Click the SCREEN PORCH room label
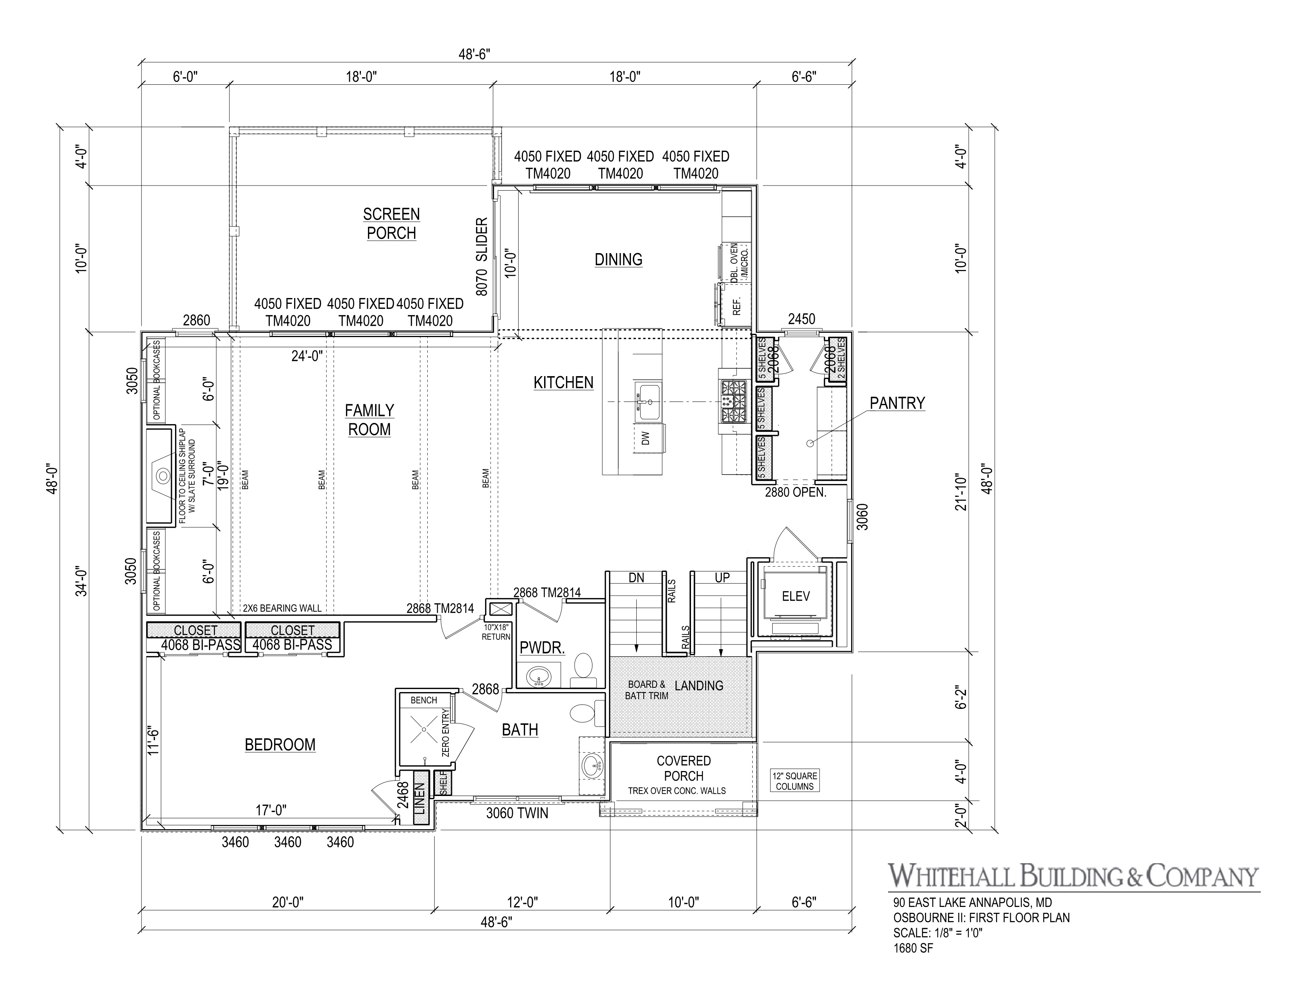pyautogui.click(x=391, y=224)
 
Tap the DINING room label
pyautogui.click(x=618, y=260)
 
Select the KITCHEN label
pyautogui.click(x=563, y=382)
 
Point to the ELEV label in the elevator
pyautogui.click(x=796, y=596)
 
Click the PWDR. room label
pyautogui.click(x=542, y=648)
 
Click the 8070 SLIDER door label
pyautogui.click(x=482, y=257)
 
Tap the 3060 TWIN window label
pyautogui.click(x=517, y=813)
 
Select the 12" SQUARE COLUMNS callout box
pyautogui.click(x=794, y=781)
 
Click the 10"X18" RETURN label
pyautogui.click(x=496, y=632)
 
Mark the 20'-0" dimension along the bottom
pyautogui.click(x=287, y=902)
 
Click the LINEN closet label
pyautogui.click(x=420, y=798)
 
